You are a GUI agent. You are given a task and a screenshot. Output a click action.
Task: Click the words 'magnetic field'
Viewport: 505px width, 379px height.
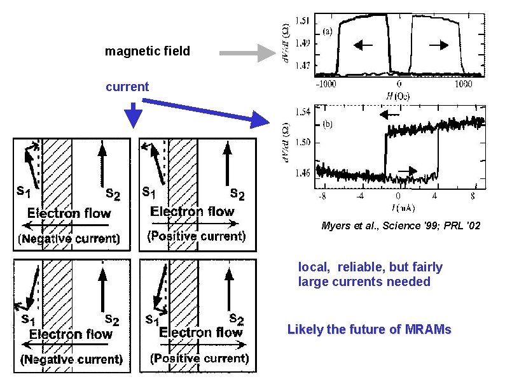point(147,52)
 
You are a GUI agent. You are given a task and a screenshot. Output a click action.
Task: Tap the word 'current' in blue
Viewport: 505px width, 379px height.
point(127,87)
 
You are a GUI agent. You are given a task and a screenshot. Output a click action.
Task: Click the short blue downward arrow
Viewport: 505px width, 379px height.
point(133,115)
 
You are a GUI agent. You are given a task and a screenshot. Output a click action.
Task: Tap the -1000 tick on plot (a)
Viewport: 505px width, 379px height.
point(328,83)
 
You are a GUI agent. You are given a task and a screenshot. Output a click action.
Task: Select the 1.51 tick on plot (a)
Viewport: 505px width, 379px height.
point(304,21)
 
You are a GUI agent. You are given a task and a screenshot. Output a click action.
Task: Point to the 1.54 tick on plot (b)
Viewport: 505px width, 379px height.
point(304,112)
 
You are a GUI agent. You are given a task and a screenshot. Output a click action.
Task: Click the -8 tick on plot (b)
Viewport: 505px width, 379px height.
point(323,195)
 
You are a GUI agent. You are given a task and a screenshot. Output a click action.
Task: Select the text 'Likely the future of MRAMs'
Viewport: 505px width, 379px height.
point(369,330)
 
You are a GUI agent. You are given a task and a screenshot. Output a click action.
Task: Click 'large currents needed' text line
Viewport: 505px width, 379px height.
point(364,282)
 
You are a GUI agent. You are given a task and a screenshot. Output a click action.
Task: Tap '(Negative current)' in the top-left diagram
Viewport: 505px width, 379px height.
point(69,239)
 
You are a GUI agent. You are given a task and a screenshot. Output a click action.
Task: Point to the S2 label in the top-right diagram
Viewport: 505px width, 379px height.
point(237,194)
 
